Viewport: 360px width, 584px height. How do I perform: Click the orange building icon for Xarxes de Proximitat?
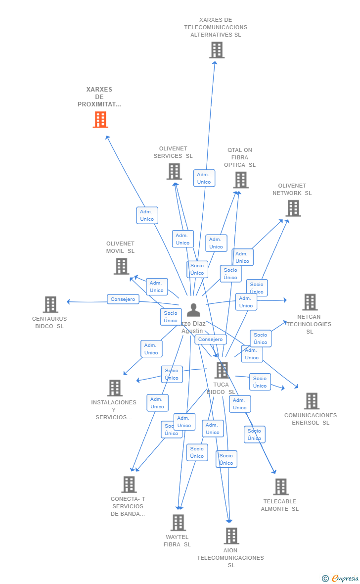[x=100, y=120]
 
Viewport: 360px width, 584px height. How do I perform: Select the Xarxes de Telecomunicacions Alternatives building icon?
[x=217, y=50]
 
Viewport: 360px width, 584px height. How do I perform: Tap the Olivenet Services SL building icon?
[x=174, y=172]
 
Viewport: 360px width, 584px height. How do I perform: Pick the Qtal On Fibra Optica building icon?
[x=241, y=180]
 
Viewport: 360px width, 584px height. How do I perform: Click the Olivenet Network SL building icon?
[x=293, y=208]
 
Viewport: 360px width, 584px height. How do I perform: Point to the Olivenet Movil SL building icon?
[x=121, y=266]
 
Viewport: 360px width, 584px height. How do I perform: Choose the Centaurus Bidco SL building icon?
[x=50, y=304]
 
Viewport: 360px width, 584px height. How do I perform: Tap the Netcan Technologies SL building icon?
[x=310, y=302]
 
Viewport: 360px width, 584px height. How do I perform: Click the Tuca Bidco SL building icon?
[x=222, y=370]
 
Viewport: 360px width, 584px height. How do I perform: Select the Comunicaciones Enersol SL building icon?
[x=312, y=401]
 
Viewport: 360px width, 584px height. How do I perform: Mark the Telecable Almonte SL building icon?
[x=281, y=487]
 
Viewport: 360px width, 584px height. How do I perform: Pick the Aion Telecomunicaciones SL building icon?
[x=231, y=536]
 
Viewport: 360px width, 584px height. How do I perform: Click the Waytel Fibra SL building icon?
[x=178, y=523]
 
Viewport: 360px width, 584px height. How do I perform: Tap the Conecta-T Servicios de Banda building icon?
[x=129, y=485]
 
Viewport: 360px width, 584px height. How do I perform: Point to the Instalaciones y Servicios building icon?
[x=115, y=388]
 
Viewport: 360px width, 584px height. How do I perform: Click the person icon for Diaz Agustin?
[x=193, y=310]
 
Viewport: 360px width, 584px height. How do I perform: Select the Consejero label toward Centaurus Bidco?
[x=123, y=299]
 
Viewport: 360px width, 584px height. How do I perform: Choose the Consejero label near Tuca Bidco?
[x=211, y=340]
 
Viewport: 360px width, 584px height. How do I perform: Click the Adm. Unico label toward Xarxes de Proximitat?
[x=147, y=215]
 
